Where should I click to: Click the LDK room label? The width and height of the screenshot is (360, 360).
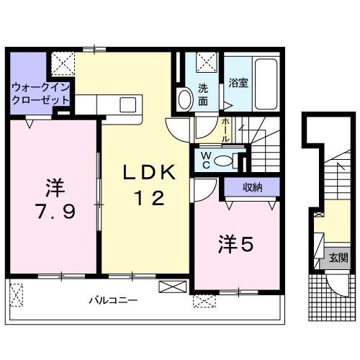(x=148, y=174)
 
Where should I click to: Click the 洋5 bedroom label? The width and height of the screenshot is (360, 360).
(x=235, y=246)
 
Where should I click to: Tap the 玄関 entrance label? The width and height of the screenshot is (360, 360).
(x=338, y=258)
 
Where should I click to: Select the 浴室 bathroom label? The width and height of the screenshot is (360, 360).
(x=238, y=83)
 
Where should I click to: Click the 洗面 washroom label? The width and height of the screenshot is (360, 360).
(x=204, y=94)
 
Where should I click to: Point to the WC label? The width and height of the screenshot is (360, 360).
(x=205, y=159)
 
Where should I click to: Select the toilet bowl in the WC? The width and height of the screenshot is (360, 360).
(x=226, y=159)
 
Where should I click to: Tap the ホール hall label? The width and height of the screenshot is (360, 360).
(x=225, y=129)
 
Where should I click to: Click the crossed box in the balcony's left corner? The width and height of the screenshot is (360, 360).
(x=17, y=294)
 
